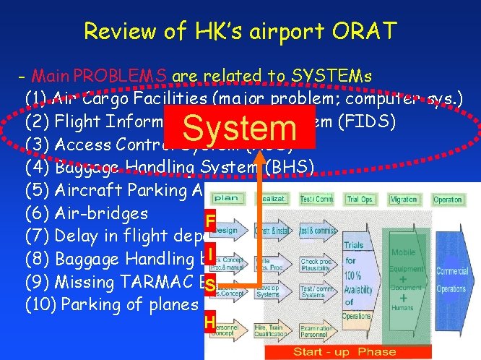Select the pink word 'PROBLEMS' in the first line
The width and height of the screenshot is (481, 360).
pos(121,76)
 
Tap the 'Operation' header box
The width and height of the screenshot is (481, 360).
pos(448,199)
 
